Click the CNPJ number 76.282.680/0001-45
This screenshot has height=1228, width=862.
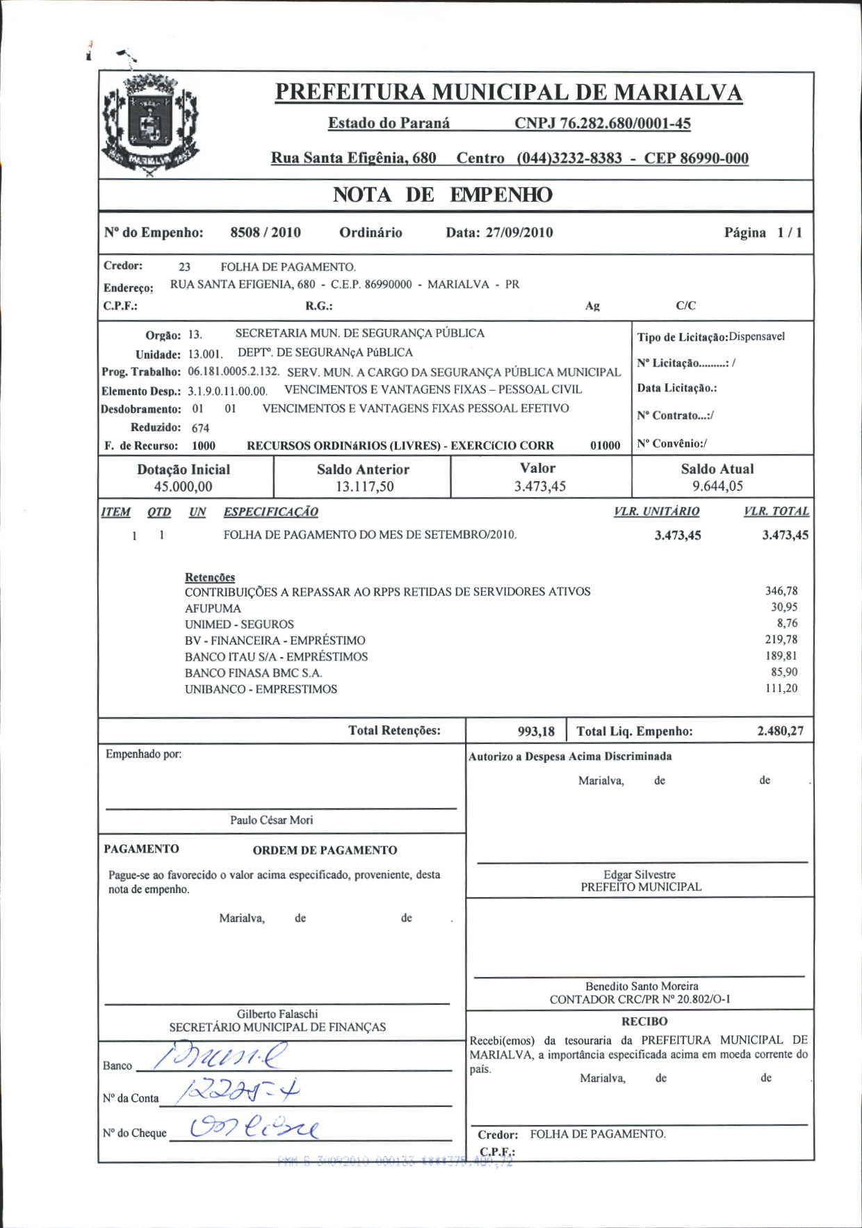pyautogui.click(x=603, y=124)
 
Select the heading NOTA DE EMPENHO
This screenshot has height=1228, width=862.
pyautogui.click(x=442, y=195)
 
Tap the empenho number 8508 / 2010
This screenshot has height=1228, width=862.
pyautogui.click(x=266, y=232)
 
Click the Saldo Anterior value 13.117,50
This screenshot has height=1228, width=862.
pyautogui.click(x=364, y=487)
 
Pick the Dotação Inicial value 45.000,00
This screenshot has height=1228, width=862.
pyautogui.click(x=183, y=487)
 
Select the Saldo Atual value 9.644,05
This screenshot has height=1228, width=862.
pyautogui.click(x=717, y=487)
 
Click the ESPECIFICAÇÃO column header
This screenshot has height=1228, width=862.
pyautogui.click(x=270, y=512)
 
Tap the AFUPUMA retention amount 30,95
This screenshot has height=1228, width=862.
pyautogui.click(x=784, y=607)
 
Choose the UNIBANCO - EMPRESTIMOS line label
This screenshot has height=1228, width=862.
pyautogui.click(x=261, y=689)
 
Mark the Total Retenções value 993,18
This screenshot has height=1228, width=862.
pyautogui.click(x=536, y=732)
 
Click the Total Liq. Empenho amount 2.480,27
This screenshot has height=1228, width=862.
pyautogui.click(x=780, y=732)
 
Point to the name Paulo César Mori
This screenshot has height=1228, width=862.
pyautogui.click(x=272, y=821)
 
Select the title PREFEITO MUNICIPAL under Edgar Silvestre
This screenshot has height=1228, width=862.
pyautogui.click(x=641, y=887)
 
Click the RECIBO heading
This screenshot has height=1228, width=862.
pyautogui.click(x=644, y=1021)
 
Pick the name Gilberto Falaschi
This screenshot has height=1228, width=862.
pyautogui.click(x=277, y=1015)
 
